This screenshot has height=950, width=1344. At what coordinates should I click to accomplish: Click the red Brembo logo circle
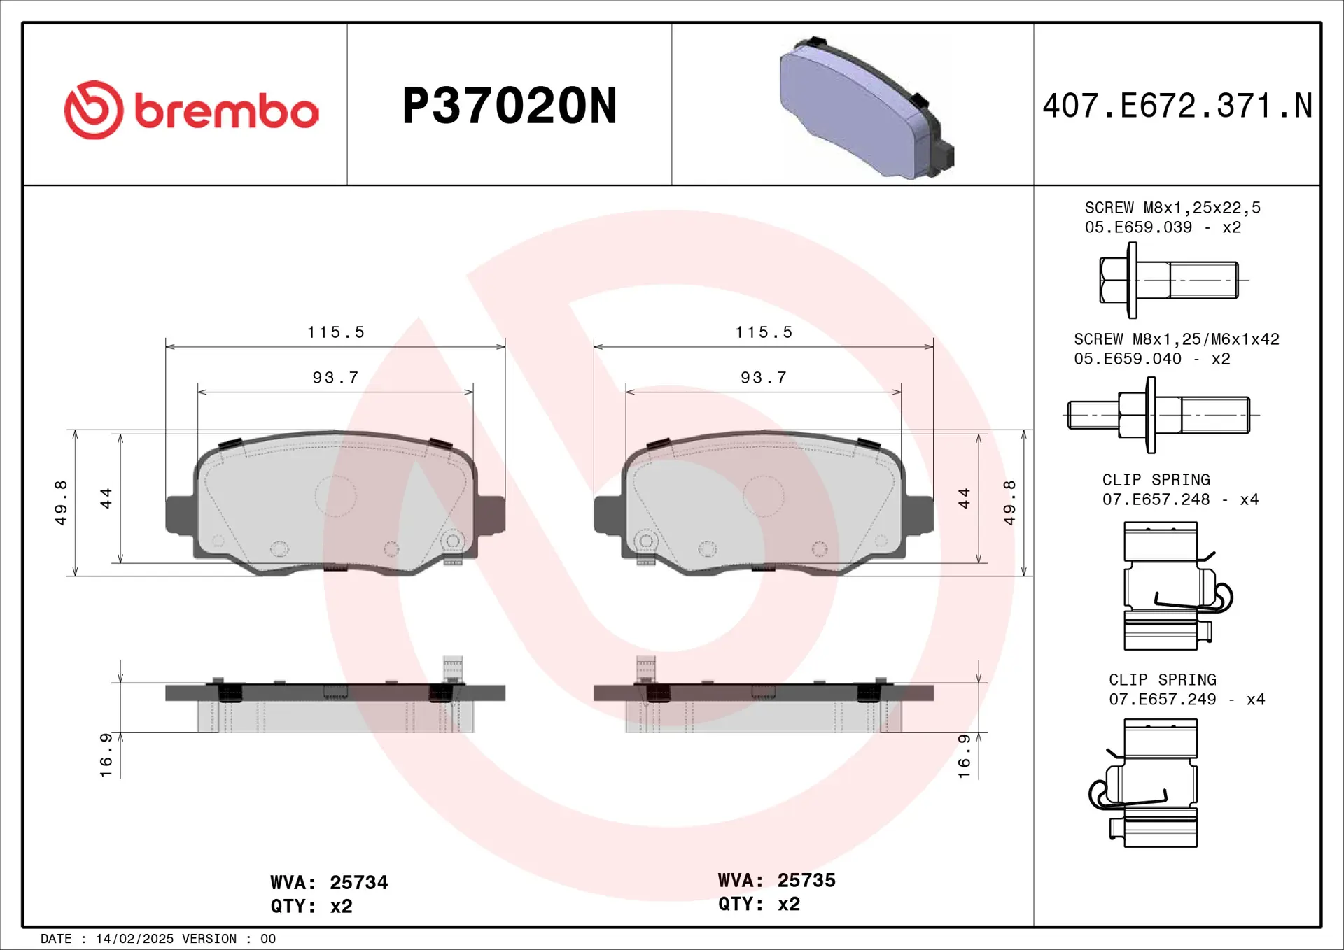point(94,110)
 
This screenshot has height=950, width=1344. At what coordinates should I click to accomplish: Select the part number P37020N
point(510,106)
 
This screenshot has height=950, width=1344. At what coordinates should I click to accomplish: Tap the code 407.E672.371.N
point(1177,106)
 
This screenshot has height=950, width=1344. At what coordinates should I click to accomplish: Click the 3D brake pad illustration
point(866,108)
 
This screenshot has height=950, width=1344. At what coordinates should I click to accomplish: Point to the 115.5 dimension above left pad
point(336,332)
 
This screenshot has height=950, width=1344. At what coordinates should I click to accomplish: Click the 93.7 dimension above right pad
point(764,378)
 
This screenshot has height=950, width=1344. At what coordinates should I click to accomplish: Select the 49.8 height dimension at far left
point(62,502)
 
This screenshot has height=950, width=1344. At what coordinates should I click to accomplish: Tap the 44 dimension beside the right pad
point(964,498)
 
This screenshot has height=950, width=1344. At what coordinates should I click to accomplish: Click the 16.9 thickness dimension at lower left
point(106,755)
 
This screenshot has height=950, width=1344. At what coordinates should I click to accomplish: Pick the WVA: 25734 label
point(329,883)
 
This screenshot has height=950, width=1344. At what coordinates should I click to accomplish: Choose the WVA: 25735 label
point(776,880)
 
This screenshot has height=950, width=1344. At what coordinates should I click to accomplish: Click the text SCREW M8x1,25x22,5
point(1172,208)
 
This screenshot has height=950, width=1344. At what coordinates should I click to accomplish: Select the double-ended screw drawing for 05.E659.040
point(1158,415)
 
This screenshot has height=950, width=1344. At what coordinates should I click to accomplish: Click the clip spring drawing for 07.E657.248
point(1172,586)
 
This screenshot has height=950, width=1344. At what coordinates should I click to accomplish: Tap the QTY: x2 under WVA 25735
point(759,904)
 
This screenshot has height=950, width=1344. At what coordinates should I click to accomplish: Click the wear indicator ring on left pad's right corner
point(453,541)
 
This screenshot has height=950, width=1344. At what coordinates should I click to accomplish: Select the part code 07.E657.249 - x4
point(1186,699)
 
